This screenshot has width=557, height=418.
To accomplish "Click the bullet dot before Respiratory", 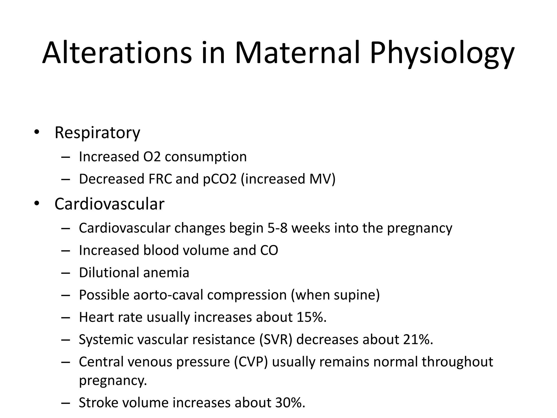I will click(37, 133).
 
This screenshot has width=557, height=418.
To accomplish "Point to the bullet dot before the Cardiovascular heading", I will click(37, 204).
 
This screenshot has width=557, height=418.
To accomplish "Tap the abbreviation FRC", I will click(160, 179).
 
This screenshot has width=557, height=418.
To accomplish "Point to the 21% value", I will click(417, 340).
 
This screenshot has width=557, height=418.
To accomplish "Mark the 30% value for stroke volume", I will click(290, 403).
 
